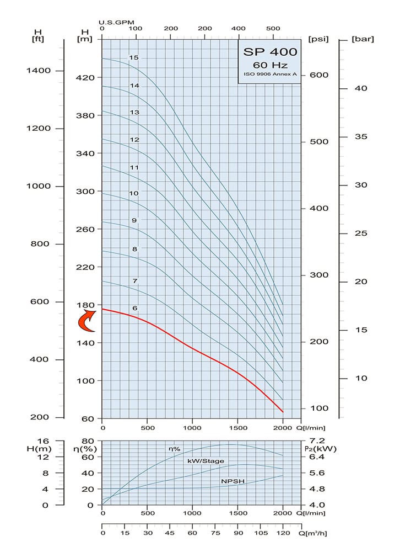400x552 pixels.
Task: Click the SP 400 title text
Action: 270,52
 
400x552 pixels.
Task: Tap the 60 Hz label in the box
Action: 270,65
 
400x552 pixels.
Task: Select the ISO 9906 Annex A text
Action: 270,74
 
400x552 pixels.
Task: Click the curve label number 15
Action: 134,57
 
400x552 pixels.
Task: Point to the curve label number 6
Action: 134,308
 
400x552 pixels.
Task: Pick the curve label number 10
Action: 134,193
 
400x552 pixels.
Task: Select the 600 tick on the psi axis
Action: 319,76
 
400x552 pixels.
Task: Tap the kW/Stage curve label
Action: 206,461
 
